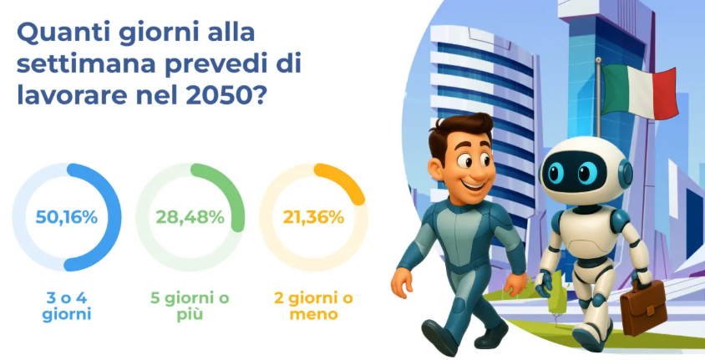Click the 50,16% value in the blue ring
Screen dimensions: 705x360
(x=67, y=217)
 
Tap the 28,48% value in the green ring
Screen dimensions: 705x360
(x=190, y=217)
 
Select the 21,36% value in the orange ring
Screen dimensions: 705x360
(x=313, y=217)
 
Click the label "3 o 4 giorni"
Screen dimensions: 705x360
(x=67, y=307)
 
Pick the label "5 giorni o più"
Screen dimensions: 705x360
(x=190, y=307)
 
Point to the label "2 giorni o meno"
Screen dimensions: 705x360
(x=313, y=307)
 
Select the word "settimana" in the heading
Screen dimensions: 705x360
(x=86, y=64)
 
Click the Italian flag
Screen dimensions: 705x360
(x=638, y=91)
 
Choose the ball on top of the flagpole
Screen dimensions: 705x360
(x=598, y=59)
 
